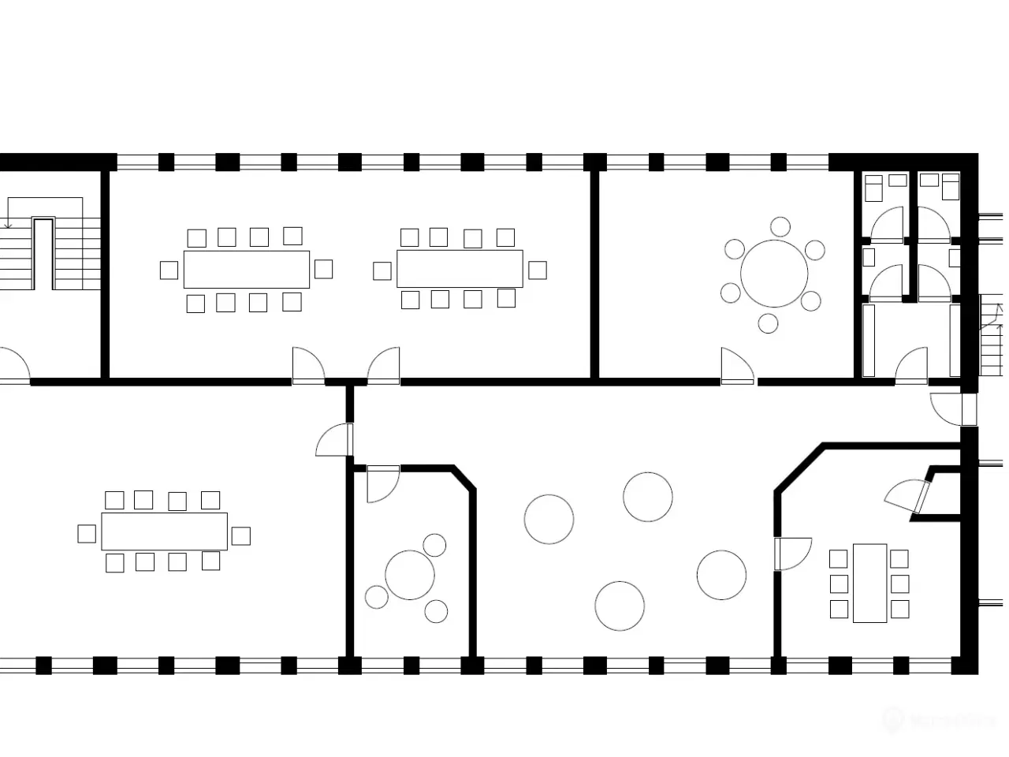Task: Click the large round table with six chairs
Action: pyautogui.click(x=774, y=274)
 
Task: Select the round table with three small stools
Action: pyautogui.click(x=410, y=575)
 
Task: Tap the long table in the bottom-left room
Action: pyautogui.click(x=164, y=531)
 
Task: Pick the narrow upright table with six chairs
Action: pyautogui.click(x=869, y=583)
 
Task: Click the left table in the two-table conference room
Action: pyautogui.click(x=246, y=269)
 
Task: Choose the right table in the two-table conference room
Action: pyautogui.click(x=460, y=269)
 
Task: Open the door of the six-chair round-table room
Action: pyautogui.click(x=736, y=366)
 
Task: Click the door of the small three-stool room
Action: pyautogui.click(x=384, y=483)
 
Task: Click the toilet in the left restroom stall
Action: pyautogui.click(x=873, y=187)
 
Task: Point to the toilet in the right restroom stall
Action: pyautogui.click(x=951, y=187)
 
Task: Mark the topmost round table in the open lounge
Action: pyautogui.click(x=647, y=497)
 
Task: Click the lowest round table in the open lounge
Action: pyautogui.click(x=620, y=606)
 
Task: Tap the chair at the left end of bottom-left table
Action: pyautogui.click(x=87, y=534)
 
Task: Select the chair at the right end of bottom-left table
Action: pyautogui.click(x=240, y=536)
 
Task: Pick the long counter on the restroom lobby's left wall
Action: pyautogui.click(x=869, y=340)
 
